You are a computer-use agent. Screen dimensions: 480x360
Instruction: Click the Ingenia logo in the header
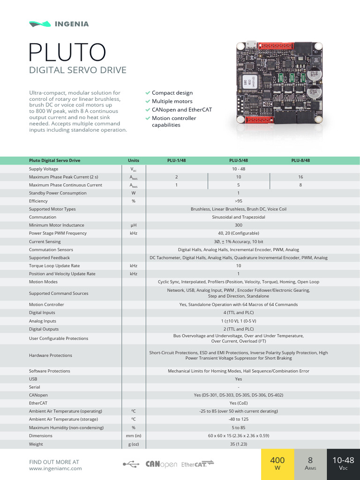(59, 23)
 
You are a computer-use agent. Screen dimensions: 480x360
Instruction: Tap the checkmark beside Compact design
(148, 93)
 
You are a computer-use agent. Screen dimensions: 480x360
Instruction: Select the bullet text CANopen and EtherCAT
(182, 110)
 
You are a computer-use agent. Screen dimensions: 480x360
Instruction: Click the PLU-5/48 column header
(239, 160)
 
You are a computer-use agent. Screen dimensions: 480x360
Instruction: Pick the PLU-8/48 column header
(300, 160)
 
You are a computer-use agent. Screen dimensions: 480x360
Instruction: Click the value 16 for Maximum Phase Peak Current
(300, 177)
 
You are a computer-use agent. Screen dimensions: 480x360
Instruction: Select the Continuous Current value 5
(239, 185)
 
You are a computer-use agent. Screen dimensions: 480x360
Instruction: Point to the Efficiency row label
(38, 201)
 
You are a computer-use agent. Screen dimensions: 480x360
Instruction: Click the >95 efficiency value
(238, 201)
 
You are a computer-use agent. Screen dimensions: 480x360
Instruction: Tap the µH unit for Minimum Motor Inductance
(133, 225)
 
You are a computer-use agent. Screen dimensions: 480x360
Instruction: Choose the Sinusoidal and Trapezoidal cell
(238, 217)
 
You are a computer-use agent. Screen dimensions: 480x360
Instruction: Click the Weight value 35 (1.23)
(238, 443)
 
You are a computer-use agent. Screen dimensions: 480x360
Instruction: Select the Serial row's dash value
(238, 387)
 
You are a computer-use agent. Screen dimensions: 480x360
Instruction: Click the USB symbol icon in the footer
(131, 464)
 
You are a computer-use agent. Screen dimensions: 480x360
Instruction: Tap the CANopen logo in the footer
(161, 464)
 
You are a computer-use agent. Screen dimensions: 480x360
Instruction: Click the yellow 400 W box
(277, 464)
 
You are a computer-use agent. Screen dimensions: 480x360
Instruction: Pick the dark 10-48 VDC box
(343, 464)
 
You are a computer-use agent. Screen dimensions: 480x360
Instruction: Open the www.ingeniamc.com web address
(55, 468)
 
